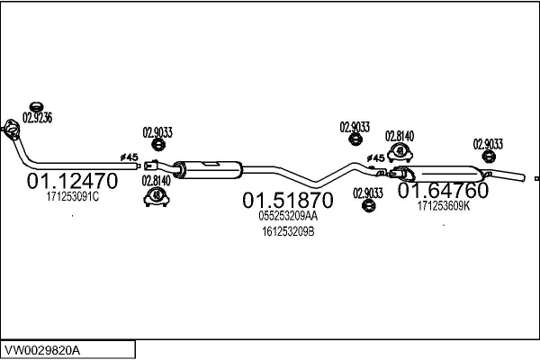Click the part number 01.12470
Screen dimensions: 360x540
tap(72, 181)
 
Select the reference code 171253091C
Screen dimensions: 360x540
tap(72, 197)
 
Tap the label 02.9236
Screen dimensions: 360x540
tap(38, 117)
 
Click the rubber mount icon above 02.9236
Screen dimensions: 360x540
tap(38, 102)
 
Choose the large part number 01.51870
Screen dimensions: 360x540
tap(288, 200)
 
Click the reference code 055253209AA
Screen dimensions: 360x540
tap(288, 216)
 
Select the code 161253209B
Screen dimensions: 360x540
tap(288, 231)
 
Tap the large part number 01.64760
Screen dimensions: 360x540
tap(444, 192)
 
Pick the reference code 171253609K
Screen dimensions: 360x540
tap(445, 206)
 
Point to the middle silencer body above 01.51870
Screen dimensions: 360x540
tap(210, 168)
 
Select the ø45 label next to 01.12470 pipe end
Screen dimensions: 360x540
tap(130, 157)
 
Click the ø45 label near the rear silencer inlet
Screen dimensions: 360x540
tap(375, 158)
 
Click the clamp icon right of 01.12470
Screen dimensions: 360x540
tap(157, 197)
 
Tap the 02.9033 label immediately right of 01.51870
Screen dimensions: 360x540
tap(367, 193)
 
